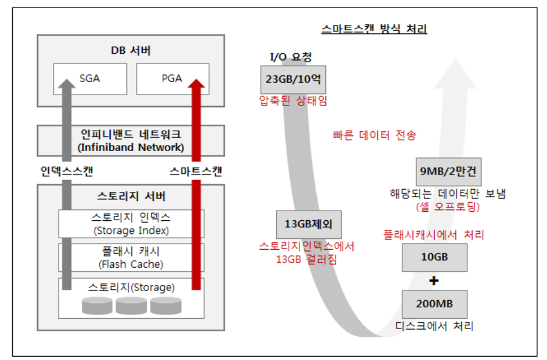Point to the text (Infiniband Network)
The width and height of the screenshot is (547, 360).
coord(131,147)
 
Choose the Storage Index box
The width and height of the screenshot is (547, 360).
coord(131,224)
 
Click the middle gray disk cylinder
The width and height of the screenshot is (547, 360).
coord(131,306)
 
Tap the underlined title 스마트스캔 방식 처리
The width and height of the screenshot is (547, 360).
coord(374,29)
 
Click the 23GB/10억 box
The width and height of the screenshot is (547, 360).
coord(293,79)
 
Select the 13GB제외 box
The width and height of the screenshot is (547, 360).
coord(309,224)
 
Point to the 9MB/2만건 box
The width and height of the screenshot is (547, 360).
coord(449,172)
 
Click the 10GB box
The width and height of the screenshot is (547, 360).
coord(434,257)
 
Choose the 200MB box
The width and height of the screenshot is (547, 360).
coord(434,304)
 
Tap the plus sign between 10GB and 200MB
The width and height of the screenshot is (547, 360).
coord(434,281)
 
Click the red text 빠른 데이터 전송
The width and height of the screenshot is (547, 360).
coord(374,136)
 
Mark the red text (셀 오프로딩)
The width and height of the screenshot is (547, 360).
coord(447,207)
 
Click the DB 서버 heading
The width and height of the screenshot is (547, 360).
coord(131,51)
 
